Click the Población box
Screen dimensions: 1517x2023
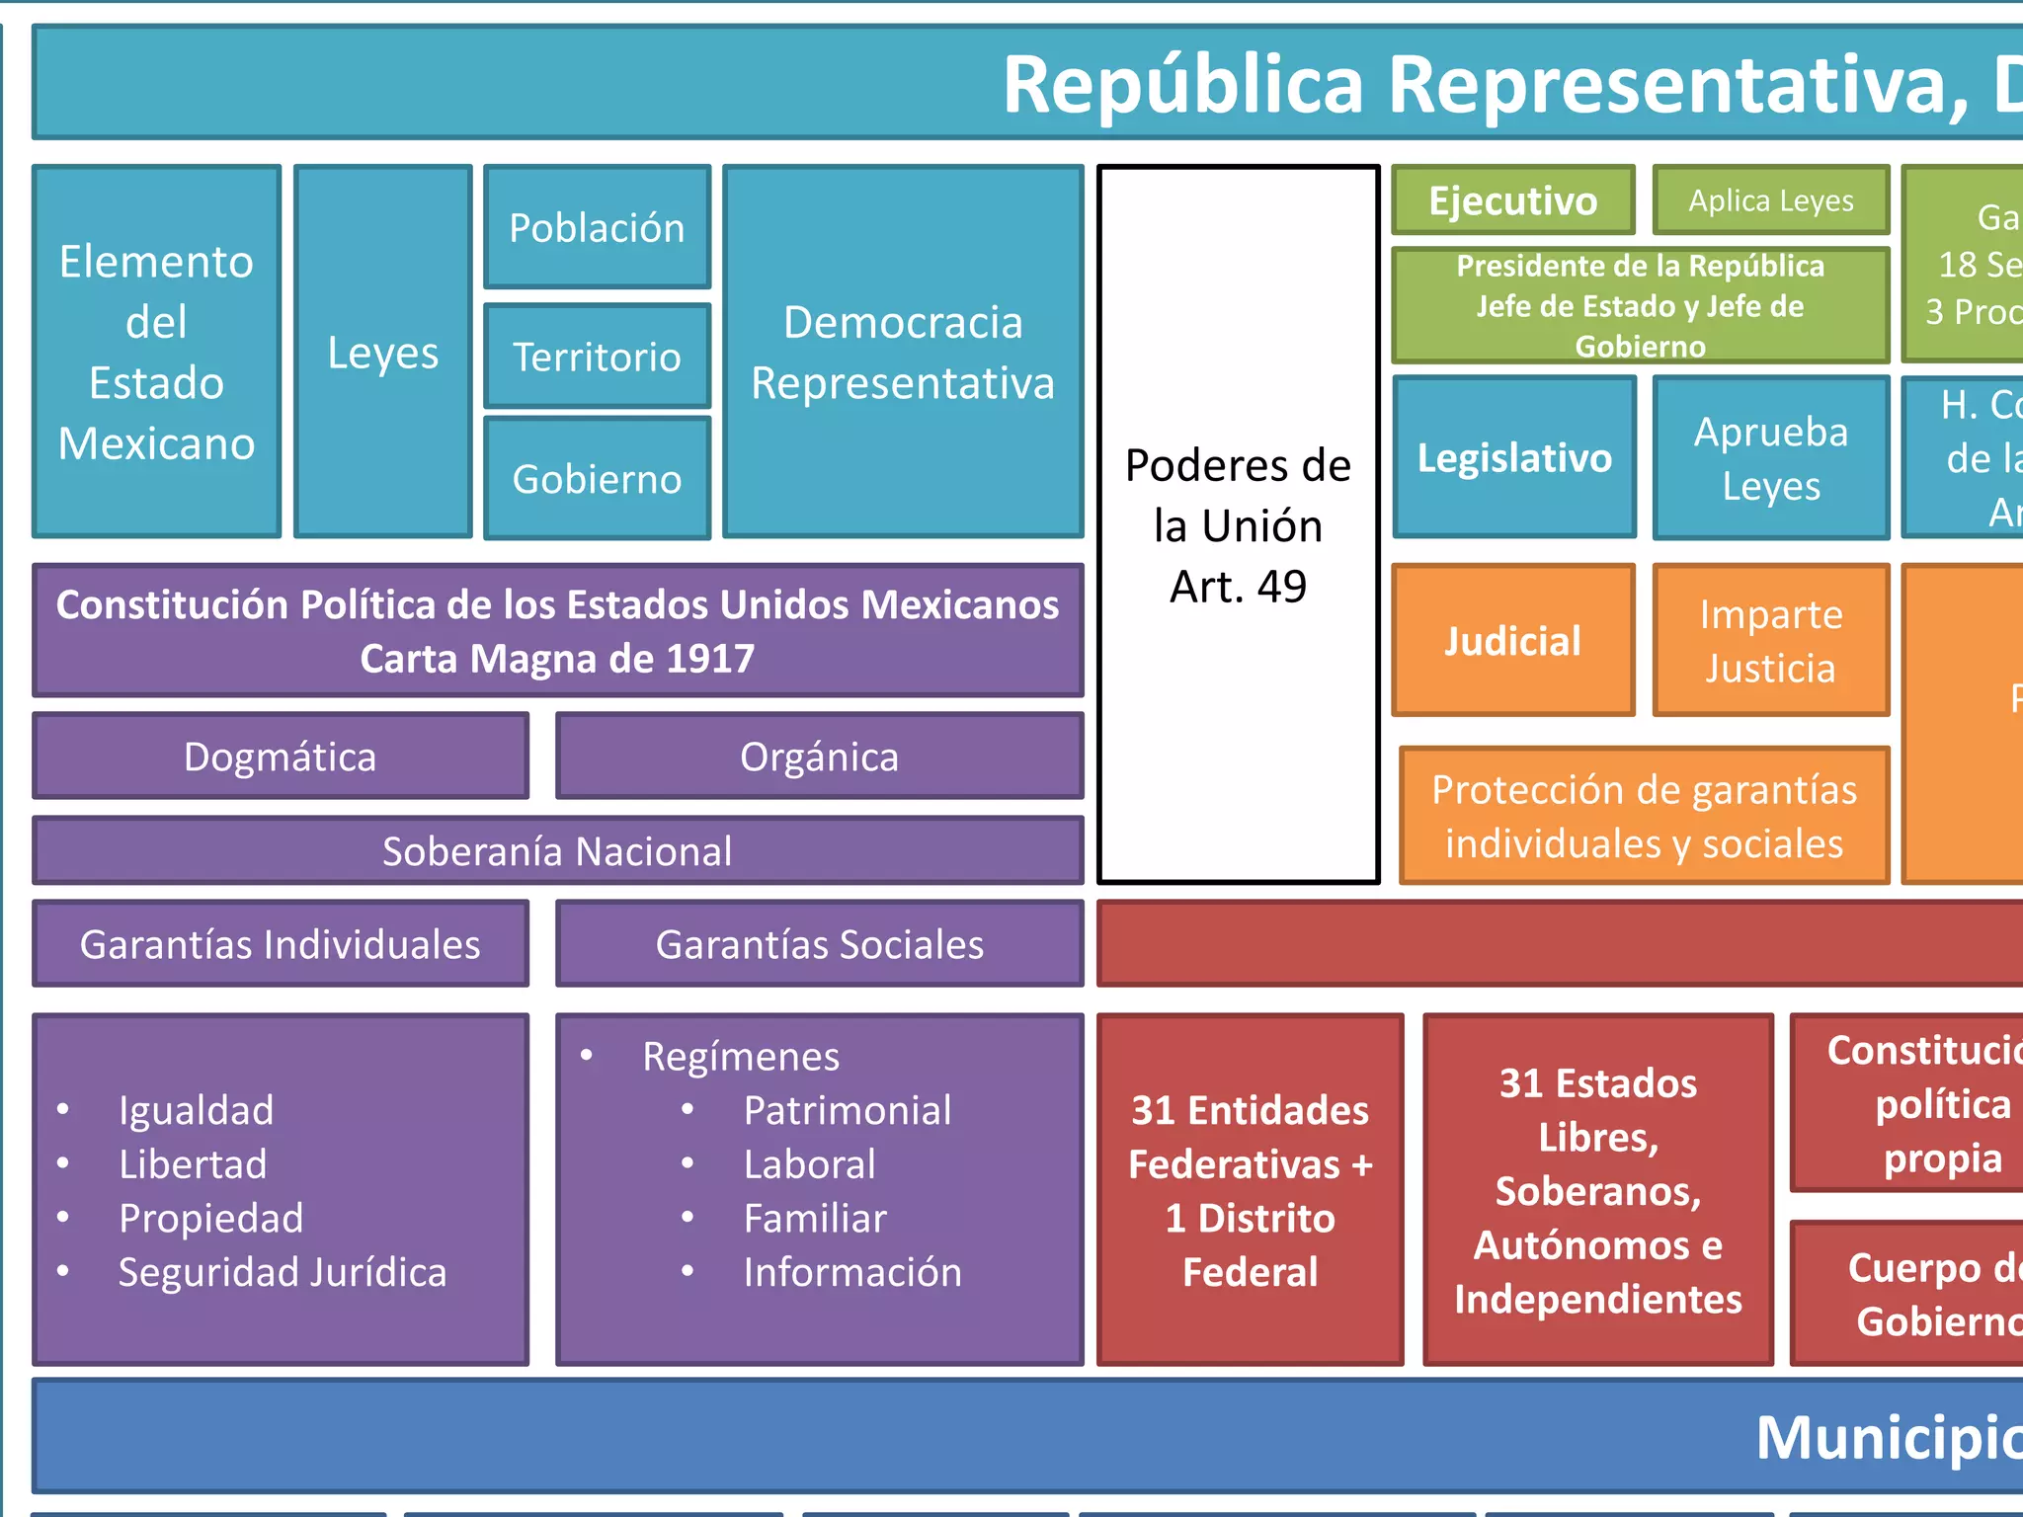tap(597, 228)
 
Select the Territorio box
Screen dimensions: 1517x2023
tap(597, 357)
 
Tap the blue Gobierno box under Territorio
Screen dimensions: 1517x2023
tap(597, 479)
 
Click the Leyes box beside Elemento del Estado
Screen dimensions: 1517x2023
tap(383, 353)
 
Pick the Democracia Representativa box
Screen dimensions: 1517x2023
tap(903, 353)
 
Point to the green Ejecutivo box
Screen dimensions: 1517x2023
tap(1512, 200)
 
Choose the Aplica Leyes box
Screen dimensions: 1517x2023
tap(1770, 200)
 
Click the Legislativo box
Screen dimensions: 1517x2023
tap(1514, 458)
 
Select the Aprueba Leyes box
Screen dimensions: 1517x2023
tap(1770, 458)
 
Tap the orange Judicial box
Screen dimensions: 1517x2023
tap(1512, 641)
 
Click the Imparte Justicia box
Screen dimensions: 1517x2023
tap(1770, 641)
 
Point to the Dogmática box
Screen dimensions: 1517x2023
tap(281, 757)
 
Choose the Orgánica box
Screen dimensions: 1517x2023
tap(819, 757)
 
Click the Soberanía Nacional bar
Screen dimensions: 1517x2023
tap(557, 851)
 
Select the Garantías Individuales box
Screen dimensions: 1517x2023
tap(281, 944)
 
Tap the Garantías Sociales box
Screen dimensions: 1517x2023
tap(819, 944)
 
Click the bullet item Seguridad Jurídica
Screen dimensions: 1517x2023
tap(283, 1272)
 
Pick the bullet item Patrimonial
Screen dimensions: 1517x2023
tap(848, 1110)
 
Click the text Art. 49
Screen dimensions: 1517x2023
tap(1238, 587)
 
